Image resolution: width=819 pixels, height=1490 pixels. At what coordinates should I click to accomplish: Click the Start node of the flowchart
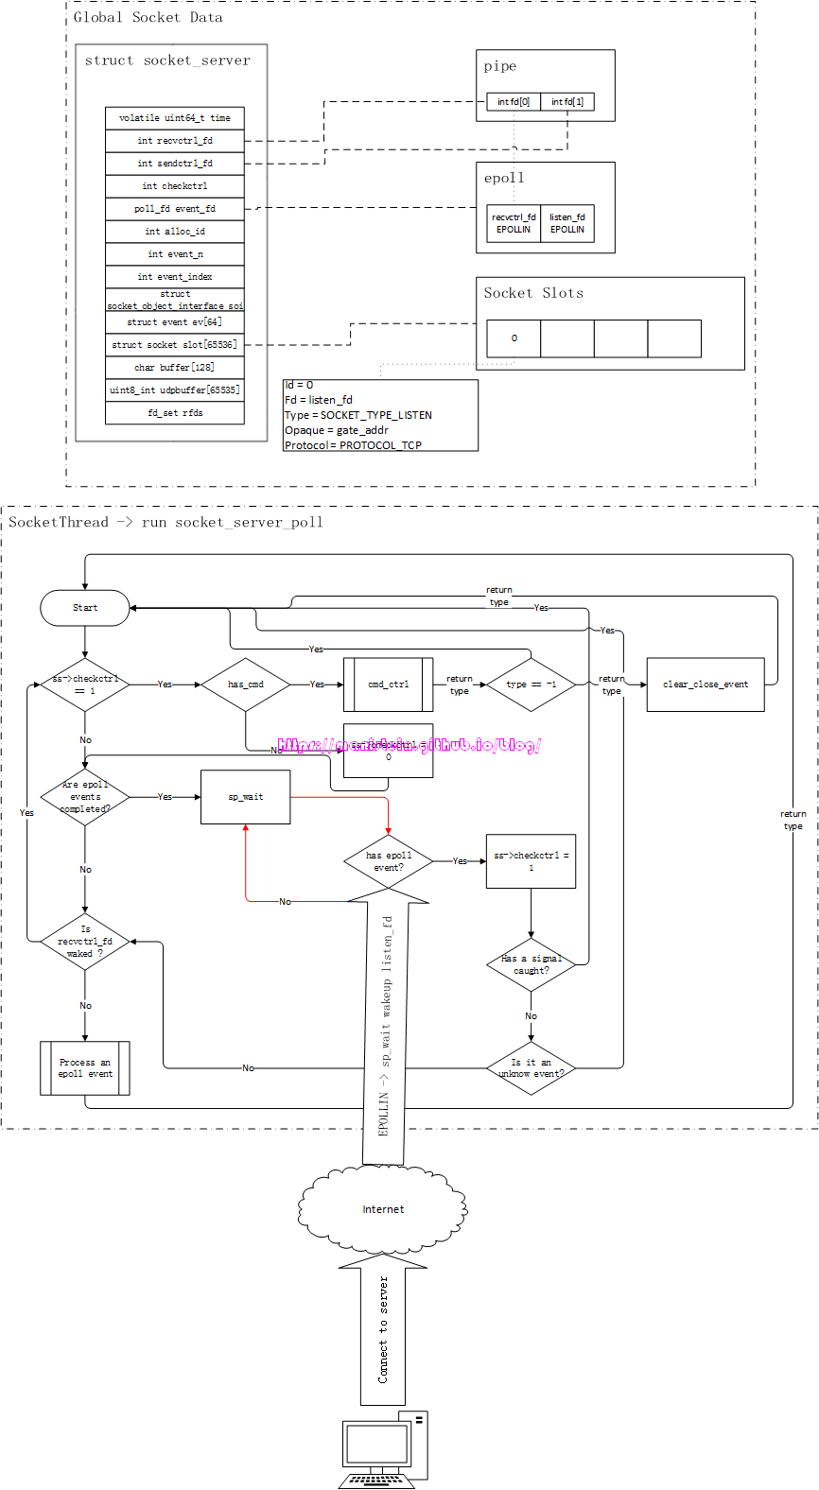(85, 608)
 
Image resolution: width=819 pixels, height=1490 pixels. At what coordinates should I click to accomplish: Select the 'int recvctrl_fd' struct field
(175, 141)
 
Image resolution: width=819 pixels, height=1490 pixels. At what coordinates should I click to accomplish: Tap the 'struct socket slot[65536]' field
(175, 345)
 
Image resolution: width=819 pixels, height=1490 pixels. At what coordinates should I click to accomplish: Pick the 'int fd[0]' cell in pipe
(514, 102)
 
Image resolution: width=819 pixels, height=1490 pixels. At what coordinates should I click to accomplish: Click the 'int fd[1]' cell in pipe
(567, 102)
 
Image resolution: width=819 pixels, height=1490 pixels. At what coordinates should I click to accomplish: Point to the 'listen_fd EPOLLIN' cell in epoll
(567, 223)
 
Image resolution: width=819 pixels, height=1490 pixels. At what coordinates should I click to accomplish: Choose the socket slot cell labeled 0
(514, 338)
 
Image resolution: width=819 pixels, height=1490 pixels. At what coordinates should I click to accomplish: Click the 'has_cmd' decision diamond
(246, 684)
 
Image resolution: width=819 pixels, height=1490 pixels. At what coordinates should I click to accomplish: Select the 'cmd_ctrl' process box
(389, 684)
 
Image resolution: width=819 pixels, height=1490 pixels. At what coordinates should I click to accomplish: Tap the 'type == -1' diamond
(531, 684)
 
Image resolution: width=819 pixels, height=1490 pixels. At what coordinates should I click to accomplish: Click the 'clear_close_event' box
(706, 684)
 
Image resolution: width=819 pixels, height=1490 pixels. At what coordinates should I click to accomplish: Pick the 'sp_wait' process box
(246, 797)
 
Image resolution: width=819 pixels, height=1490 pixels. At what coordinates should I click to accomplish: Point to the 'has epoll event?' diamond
(389, 861)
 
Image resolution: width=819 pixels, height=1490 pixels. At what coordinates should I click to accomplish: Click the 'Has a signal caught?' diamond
(531, 964)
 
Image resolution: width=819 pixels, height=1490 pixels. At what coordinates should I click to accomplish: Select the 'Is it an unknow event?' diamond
(531, 1068)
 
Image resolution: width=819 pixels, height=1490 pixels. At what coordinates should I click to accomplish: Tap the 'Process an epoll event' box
(85, 1068)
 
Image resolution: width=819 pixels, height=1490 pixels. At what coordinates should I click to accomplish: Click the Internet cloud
(383, 1209)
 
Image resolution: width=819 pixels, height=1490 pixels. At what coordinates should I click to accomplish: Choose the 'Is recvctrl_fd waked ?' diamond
(85, 942)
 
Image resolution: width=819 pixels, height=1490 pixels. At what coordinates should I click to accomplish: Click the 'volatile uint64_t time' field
(175, 118)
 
